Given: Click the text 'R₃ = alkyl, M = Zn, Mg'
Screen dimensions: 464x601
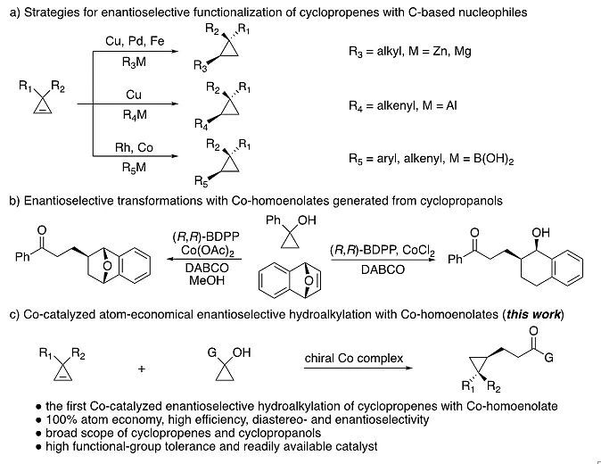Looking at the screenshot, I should pyautogui.click(x=409, y=51).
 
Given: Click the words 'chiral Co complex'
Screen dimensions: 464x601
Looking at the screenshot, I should pyautogui.click(x=355, y=359).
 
